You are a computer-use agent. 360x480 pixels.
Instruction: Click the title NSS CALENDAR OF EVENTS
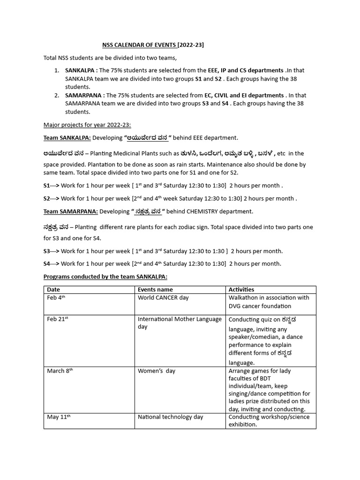[x=153, y=45]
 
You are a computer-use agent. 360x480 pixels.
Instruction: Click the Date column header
[x=53, y=290]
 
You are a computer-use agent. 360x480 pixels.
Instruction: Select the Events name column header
[x=155, y=290]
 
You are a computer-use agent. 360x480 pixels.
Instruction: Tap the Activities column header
[x=241, y=290]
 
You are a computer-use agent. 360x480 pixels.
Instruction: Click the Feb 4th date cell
[x=56, y=298]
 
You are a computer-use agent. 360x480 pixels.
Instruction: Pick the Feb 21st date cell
[x=58, y=319]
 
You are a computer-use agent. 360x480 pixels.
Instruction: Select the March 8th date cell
[x=60, y=371]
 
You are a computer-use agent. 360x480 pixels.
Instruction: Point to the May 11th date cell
[x=59, y=417]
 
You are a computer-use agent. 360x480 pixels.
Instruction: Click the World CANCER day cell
[x=157, y=298]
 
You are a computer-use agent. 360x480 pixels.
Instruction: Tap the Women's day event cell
[x=157, y=371]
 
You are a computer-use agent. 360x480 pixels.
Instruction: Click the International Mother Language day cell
[x=180, y=322]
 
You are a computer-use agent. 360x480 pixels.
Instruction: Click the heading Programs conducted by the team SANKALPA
[x=105, y=277]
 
